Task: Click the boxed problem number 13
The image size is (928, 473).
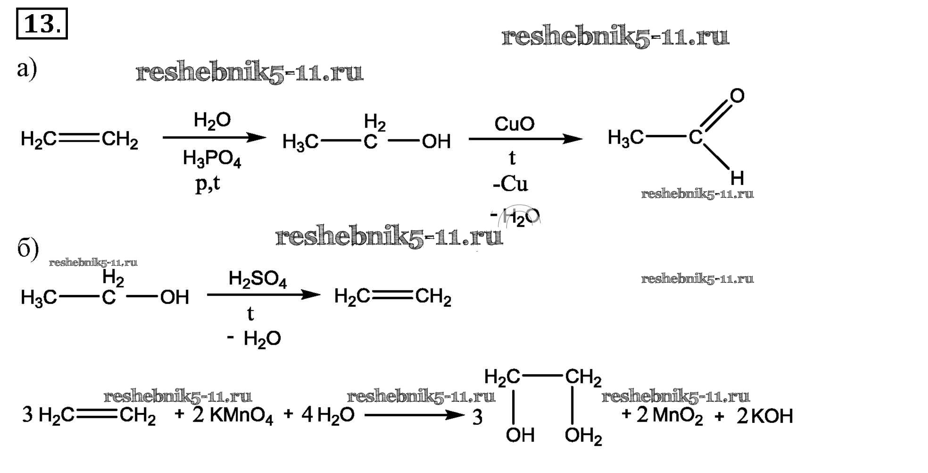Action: (42, 24)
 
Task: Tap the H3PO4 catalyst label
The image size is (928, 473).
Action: (212, 159)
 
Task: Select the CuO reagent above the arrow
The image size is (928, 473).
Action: (514, 124)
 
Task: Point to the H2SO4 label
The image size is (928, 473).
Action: (257, 279)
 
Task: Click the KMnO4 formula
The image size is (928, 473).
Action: (241, 416)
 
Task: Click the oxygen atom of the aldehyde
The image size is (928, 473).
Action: (737, 96)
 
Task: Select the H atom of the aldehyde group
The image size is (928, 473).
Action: (737, 178)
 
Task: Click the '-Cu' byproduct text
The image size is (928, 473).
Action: (510, 184)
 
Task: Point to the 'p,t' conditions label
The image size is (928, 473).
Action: (207, 184)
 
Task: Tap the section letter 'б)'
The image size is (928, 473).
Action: (28, 249)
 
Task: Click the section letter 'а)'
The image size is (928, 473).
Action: (26, 69)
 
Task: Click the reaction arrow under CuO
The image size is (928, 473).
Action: (525, 139)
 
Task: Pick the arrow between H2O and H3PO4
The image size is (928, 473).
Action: (214, 138)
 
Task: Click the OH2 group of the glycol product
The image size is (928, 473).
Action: (583, 436)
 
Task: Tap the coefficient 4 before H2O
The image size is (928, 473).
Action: (307, 415)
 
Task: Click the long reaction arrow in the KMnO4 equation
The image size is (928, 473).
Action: (414, 415)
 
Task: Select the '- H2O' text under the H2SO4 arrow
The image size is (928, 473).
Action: (255, 338)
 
